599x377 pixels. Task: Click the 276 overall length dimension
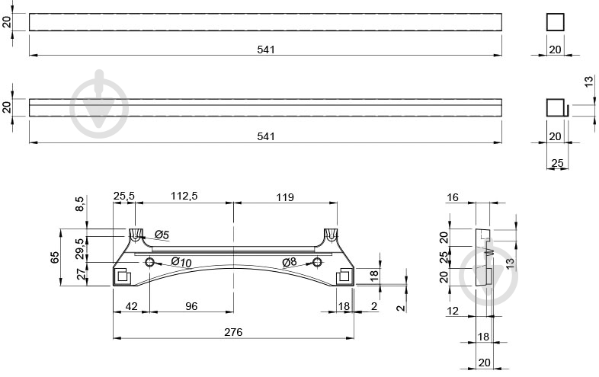click(x=233, y=332)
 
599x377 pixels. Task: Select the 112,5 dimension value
click(x=184, y=196)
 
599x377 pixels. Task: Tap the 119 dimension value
click(x=285, y=197)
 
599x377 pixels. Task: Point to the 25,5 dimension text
click(x=124, y=196)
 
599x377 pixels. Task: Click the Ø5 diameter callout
click(x=162, y=235)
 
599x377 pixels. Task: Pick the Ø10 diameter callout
click(x=181, y=262)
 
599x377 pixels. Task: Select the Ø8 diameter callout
click(x=289, y=262)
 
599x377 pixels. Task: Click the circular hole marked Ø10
click(x=149, y=262)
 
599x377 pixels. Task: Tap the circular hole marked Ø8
click(x=317, y=262)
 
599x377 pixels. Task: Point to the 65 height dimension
click(x=55, y=257)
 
